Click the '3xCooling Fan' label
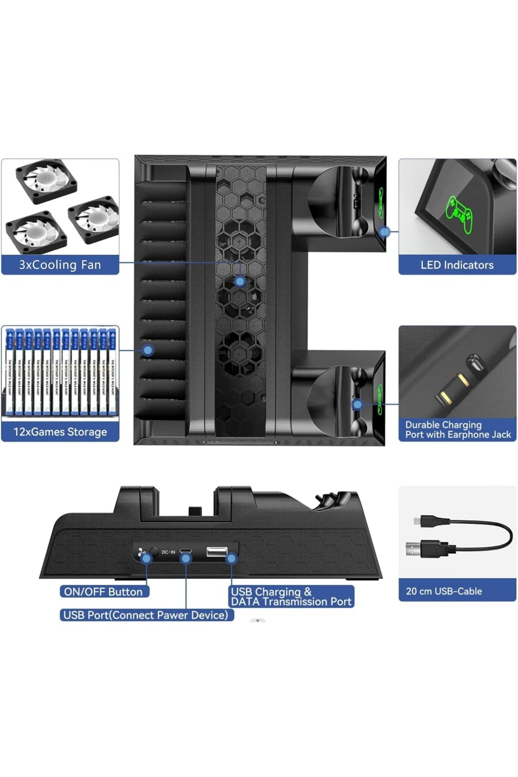click(60, 265)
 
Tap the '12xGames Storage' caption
click(60, 432)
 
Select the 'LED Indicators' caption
click(457, 265)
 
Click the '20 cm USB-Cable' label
click(444, 591)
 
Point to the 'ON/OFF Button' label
click(103, 591)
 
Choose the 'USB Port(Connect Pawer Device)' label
click(145, 615)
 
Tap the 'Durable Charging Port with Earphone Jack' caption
click(458, 430)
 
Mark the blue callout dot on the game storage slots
click(148, 350)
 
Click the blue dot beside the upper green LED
click(384, 232)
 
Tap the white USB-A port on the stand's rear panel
click(217, 551)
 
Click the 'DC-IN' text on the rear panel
click(168, 552)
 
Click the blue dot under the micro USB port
click(186, 559)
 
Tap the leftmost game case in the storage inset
click(10, 371)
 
